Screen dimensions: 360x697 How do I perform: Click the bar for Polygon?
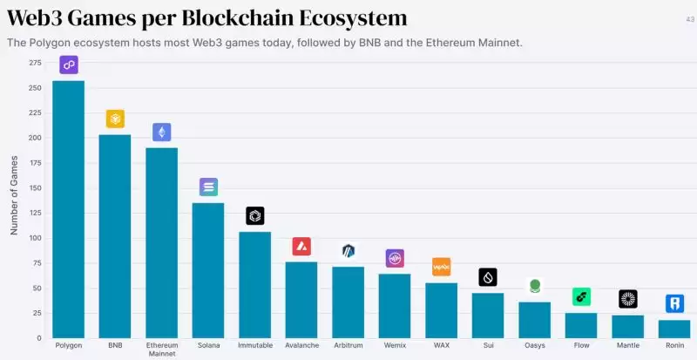point(69,209)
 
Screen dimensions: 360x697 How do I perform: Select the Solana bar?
point(208,270)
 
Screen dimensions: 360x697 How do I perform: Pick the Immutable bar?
point(254,284)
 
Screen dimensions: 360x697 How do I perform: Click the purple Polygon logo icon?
point(69,64)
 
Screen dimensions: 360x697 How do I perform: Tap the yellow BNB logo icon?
point(115,119)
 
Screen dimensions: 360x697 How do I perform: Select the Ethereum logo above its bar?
point(162,132)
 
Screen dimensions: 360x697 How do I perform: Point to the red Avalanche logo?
point(301,246)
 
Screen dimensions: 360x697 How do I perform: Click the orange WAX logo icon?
point(442,267)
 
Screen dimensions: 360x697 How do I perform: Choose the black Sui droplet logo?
point(488,277)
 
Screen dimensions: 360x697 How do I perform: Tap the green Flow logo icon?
point(581,296)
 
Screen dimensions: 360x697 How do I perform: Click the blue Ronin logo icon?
point(674,303)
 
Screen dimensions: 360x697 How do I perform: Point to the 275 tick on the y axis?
point(35,64)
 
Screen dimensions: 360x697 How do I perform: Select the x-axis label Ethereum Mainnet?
point(162,350)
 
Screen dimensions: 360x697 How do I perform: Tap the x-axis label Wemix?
point(395,345)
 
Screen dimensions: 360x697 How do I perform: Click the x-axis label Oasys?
point(534,345)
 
